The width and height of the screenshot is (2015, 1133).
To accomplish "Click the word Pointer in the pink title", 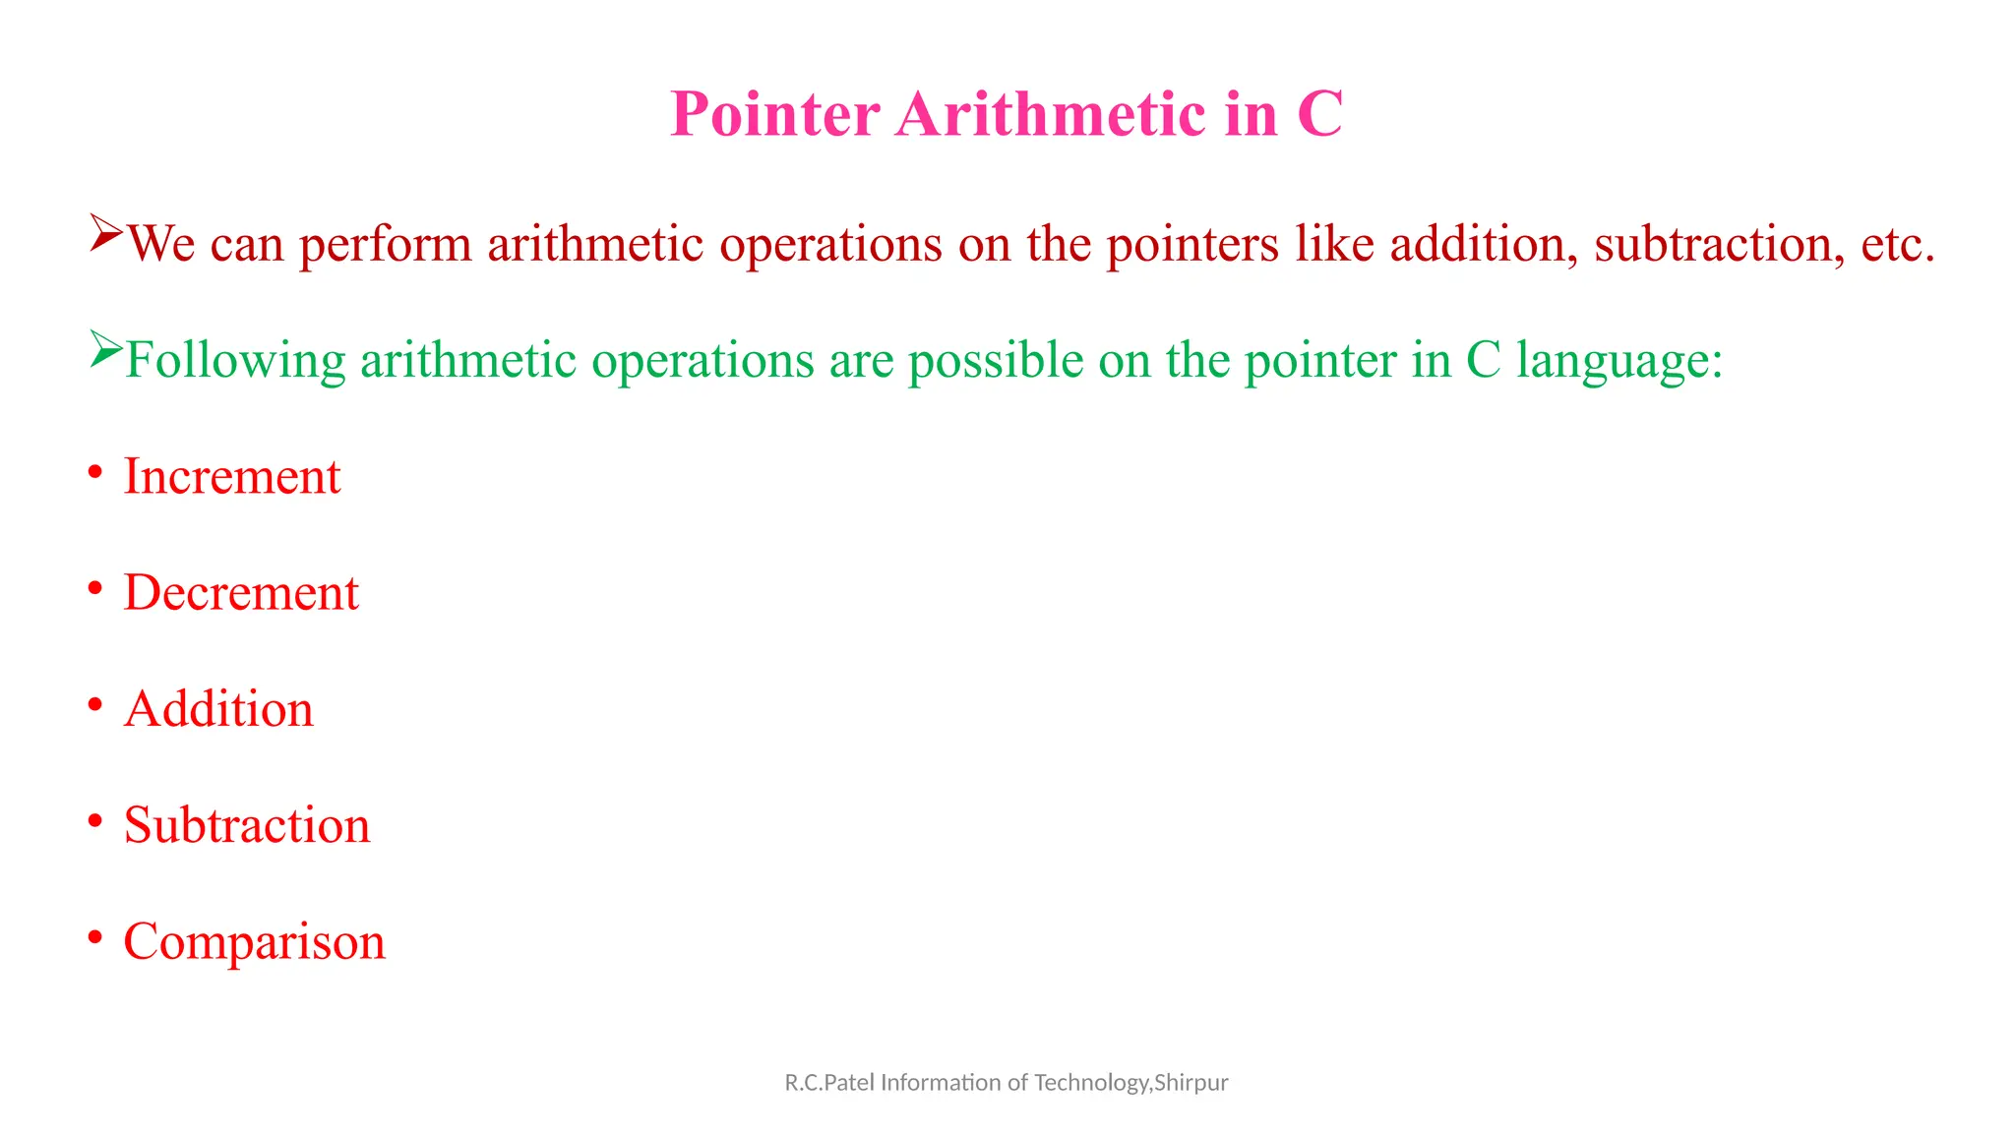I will pos(774,114).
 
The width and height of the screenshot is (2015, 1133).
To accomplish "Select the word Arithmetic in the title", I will pos(1051,114).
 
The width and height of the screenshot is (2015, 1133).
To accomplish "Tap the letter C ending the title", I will pos(1319,114).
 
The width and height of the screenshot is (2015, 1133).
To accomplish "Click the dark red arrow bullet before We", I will pos(105,232).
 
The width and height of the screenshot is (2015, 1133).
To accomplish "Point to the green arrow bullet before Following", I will pos(105,348).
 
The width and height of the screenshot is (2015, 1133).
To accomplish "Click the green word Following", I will pos(235,361).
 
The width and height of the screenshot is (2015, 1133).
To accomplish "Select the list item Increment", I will pos(232,477).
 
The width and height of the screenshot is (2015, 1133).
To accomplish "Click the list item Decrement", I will pos(241,593).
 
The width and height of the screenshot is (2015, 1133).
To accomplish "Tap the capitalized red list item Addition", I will pos(218,709).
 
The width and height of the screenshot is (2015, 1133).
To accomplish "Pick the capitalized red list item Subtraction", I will pos(247,825).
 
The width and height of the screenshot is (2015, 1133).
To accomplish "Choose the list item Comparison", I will pos(254,941).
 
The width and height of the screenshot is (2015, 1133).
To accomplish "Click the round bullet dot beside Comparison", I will pos(94,937).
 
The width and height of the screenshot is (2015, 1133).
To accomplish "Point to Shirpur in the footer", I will pos(1191,1083).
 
